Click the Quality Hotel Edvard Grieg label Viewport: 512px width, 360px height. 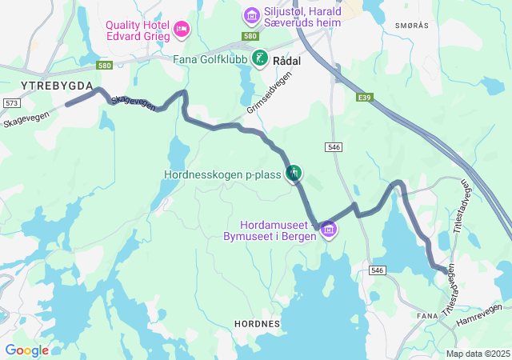point(140,30)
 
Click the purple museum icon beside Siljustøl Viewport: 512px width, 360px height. point(251,15)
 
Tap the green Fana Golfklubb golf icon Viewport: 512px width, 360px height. point(260,58)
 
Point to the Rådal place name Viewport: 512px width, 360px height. point(286,60)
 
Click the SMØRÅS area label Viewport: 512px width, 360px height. point(412,26)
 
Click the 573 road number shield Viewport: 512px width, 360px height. point(11,103)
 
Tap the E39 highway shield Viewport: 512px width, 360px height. point(365,98)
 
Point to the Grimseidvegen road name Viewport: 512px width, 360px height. point(270,93)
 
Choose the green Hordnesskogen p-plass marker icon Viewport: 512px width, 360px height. point(294,172)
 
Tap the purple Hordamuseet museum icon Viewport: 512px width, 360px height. point(327,230)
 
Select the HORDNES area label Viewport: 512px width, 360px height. point(257,324)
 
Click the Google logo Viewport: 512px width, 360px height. point(26,350)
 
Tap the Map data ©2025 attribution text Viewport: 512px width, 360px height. point(478,354)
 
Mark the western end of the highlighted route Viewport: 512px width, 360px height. point(67,105)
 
